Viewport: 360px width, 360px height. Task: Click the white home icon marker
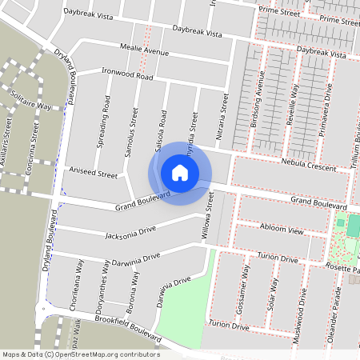(x=180, y=173)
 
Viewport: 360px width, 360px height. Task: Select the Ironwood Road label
(x=128, y=74)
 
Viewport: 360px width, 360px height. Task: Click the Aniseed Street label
(x=94, y=171)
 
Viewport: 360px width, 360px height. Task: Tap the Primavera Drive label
(x=326, y=113)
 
